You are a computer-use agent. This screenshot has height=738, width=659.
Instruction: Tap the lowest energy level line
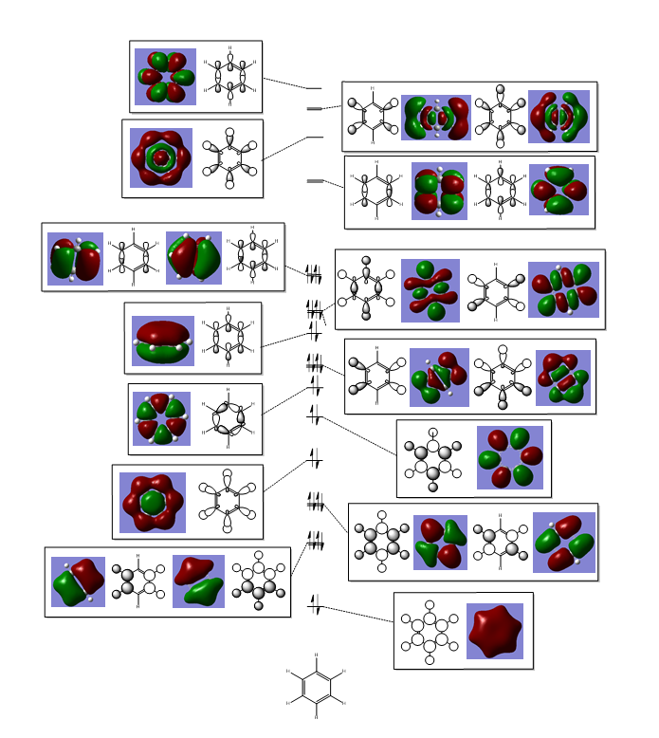point(315,604)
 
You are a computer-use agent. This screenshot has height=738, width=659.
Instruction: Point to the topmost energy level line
point(314,88)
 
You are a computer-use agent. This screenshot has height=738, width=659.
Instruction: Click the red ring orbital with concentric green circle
point(161,157)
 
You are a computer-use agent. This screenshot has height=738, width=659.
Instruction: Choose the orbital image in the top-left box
point(165,76)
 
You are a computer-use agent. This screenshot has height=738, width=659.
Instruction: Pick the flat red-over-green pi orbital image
point(162,340)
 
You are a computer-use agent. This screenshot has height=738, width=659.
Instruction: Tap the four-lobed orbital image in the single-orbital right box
point(509,457)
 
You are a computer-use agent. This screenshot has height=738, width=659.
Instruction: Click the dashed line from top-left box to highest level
point(284,83)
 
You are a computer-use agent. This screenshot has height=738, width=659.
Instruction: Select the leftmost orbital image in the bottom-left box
point(78,581)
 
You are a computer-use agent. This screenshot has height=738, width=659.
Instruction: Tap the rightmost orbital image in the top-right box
point(558,117)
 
